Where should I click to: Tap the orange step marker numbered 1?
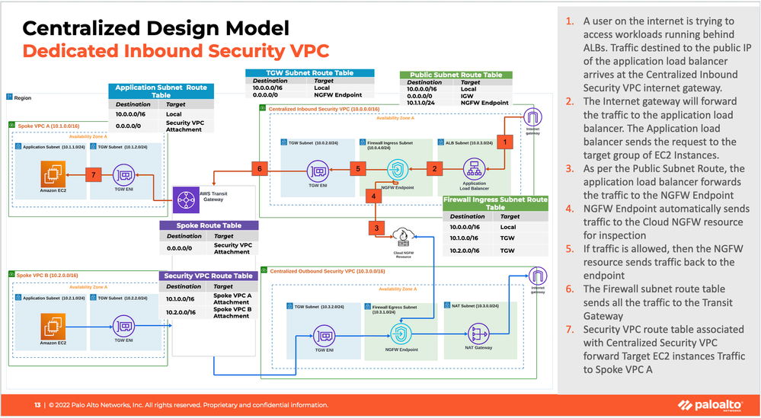pos(503,141)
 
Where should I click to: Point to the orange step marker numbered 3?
pos(375,227)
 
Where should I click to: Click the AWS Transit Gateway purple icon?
pos(186,200)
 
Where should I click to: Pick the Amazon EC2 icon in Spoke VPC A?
pos(51,176)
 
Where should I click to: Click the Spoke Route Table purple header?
pos(209,225)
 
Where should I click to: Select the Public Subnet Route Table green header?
pos(456,75)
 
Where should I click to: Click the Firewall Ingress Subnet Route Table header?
pos(495,203)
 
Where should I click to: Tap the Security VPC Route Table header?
pos(209,276)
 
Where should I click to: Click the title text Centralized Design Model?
pos(155,29)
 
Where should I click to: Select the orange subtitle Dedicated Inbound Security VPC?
pos(175,52)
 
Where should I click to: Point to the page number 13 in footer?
pos(37,404)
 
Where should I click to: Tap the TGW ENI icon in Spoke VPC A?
pos(123,175)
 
